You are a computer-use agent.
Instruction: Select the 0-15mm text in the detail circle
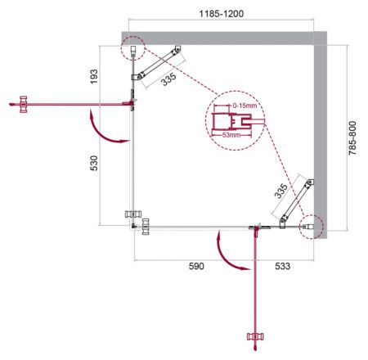coord(244,107)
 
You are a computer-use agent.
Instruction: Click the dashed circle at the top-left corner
coord(132,50)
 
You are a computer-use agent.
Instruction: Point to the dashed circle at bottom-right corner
coord(312,224)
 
